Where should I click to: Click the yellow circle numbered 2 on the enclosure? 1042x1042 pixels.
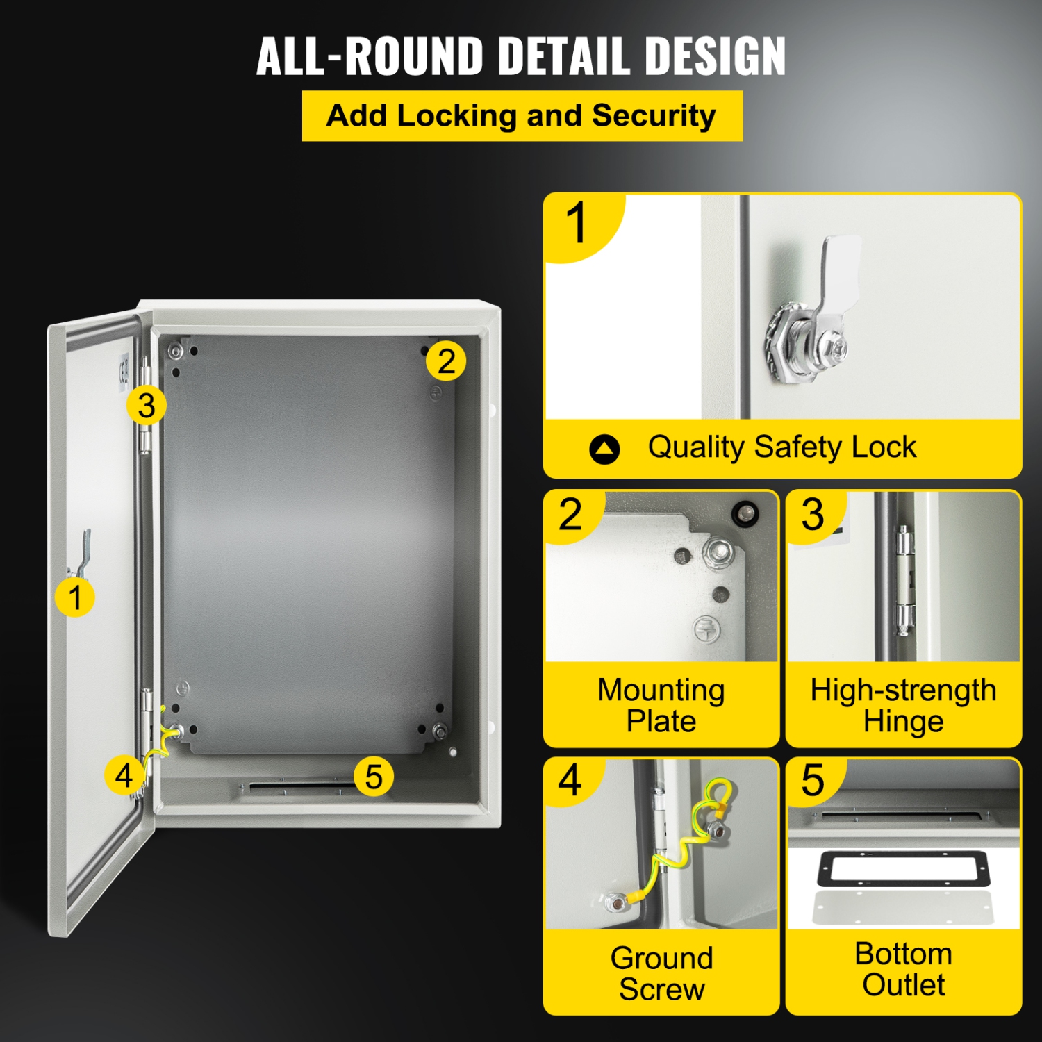pos(446,361)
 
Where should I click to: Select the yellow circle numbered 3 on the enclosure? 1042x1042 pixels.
pos(146,406)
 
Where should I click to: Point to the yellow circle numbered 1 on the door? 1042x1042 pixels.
pos(75,597)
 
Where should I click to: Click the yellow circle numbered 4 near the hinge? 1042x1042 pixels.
pos(124,775)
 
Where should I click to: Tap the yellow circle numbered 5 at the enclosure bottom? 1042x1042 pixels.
pos(374,777)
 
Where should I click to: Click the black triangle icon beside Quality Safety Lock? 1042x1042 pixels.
pos(604,449)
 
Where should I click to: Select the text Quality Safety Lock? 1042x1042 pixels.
pos(781,447)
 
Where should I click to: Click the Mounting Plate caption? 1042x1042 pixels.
pos(661,705)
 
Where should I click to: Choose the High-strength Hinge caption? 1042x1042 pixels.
pos(903,705)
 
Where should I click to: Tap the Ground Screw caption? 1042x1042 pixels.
pos(661,973)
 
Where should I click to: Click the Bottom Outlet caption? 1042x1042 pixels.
pos(903,969)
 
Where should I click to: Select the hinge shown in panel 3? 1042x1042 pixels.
pos(904,580)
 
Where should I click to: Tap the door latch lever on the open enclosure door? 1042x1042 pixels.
pos(83,553)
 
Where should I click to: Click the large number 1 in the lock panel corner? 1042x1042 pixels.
pos(576,224)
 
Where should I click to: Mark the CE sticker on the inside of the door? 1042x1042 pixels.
pos(124,370)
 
